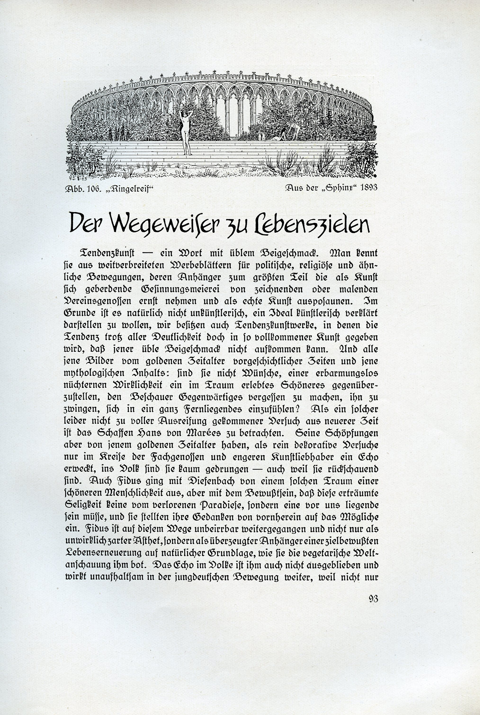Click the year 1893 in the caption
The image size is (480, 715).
[369, 187]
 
